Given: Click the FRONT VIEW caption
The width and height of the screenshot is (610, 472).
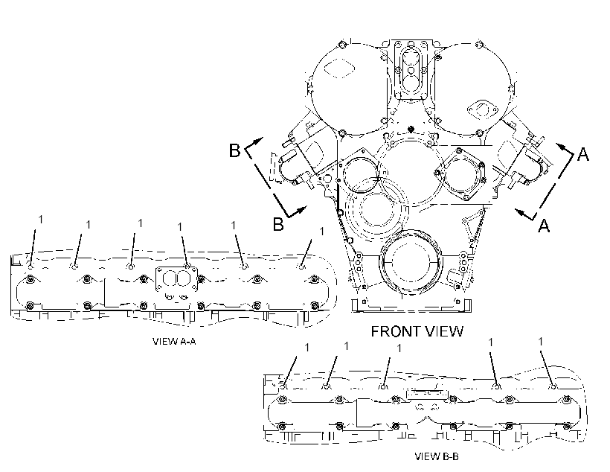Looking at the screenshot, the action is click(x=417, y=331).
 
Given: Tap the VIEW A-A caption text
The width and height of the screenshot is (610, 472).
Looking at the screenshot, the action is click(x=174, y=342).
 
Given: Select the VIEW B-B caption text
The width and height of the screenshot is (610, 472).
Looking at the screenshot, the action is click(x=437, y=456).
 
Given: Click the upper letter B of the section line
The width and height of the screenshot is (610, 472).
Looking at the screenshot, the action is click(x=234, y=150).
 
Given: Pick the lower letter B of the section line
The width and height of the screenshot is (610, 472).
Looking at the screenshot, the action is click(x=278, y=224).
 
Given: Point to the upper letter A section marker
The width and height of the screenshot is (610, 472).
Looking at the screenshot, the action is click(x=582, y=154).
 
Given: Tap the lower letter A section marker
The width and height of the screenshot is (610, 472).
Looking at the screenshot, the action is click(x=544, y=226).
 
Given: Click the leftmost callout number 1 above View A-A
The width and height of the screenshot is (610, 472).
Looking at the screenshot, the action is click(x=40, y=220).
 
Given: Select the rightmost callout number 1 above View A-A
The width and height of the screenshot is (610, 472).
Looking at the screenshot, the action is click(x=321, y=232).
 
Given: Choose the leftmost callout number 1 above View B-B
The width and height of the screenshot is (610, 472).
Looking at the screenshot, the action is click(x=307, y=348).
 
